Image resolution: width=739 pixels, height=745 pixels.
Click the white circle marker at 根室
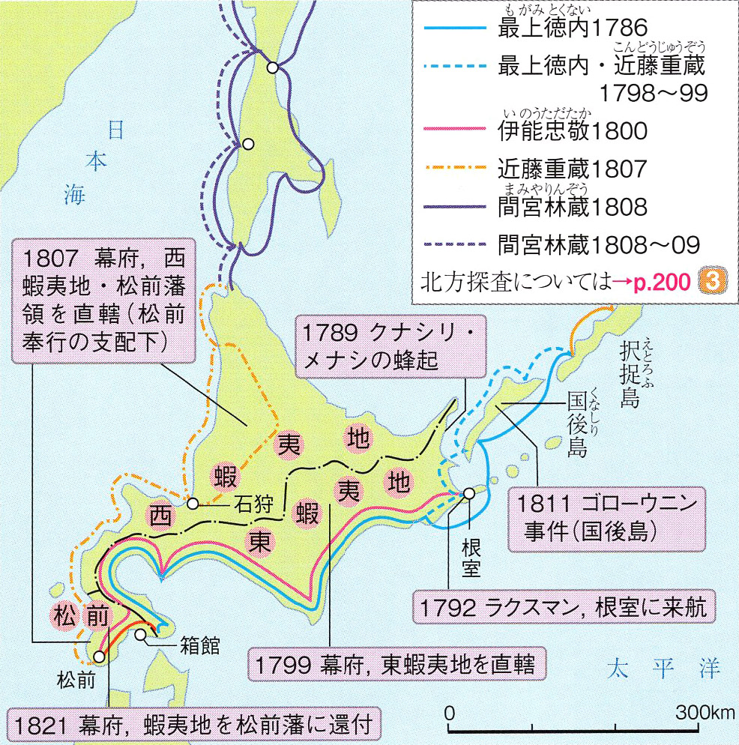click(469, 493)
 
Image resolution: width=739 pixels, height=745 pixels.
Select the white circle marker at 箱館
click(142, 635)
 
